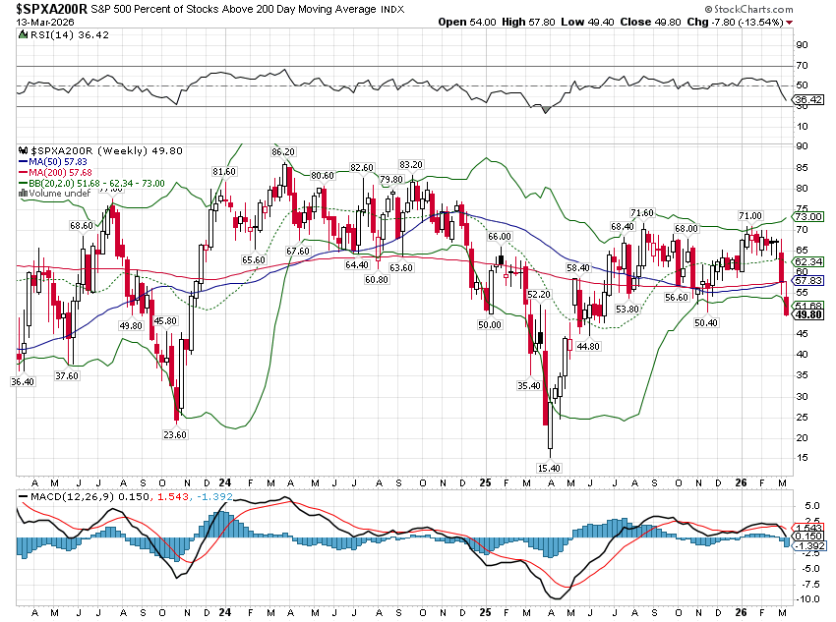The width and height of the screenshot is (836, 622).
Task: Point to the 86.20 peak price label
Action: [283, 152]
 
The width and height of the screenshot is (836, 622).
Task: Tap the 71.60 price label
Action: [642, 213]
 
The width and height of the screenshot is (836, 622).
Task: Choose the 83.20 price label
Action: [410, 165]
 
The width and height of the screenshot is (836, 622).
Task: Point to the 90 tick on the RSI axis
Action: [801, 44]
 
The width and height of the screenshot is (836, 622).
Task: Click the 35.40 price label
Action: [528, 386]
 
